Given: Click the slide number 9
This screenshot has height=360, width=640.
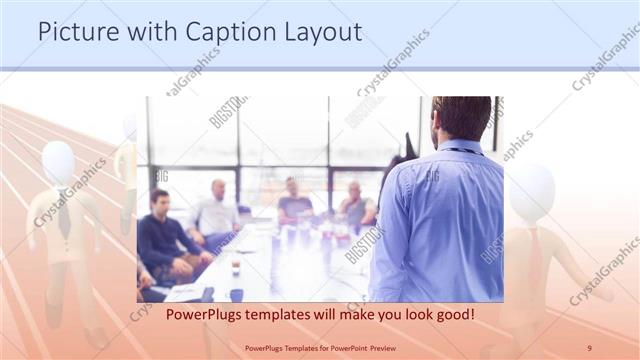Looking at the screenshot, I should (x=589, y=347).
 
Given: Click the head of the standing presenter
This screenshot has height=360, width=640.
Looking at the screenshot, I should (x=461, y=118).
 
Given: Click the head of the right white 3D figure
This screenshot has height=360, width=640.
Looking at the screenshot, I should (x=531, y=190).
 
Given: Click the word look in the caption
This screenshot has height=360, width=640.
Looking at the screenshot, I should (x=402, y=314).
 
